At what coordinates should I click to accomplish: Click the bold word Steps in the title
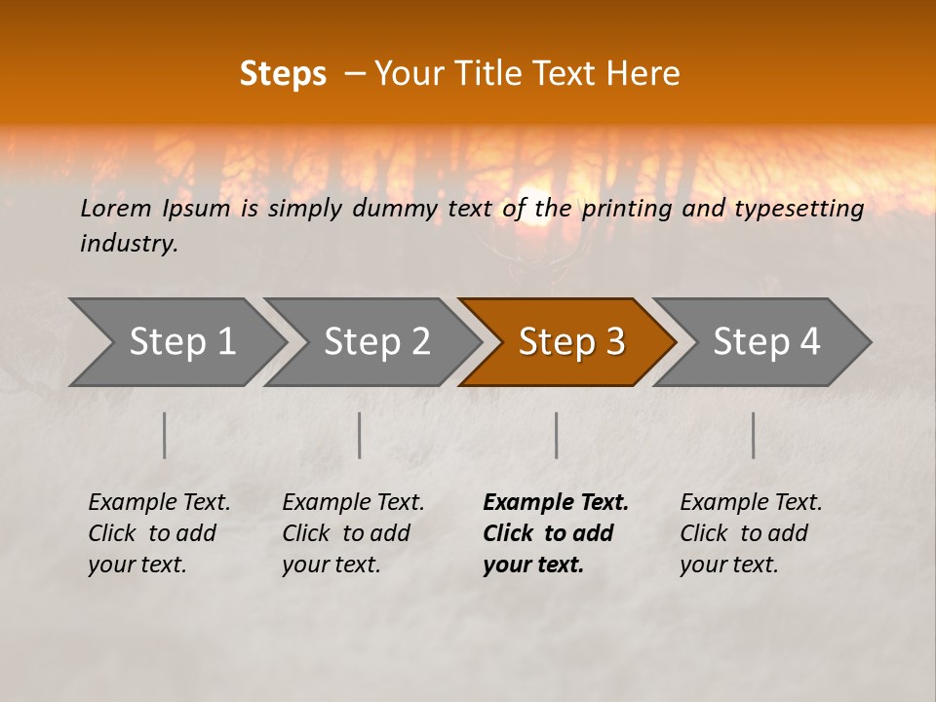point(283,74)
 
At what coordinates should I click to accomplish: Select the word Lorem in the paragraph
point(116,208)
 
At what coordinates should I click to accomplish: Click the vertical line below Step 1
point(165,435)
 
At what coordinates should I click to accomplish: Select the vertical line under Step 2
point(360,435)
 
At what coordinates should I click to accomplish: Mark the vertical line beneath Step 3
point(557,435)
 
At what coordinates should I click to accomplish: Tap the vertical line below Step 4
point(754,435)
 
